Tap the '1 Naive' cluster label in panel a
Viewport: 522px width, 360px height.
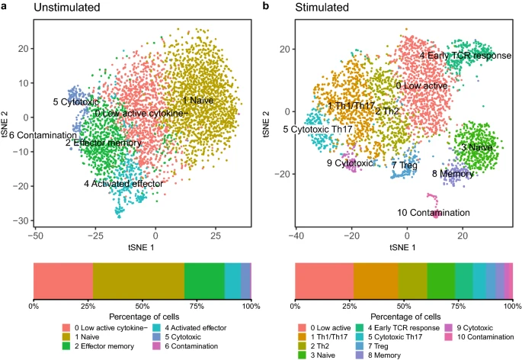click(197, 100)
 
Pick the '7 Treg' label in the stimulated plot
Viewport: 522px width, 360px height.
click(405, 165)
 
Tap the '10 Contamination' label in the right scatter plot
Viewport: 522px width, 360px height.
click(433, 212)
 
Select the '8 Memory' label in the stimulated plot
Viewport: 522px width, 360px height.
click(453, 174)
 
